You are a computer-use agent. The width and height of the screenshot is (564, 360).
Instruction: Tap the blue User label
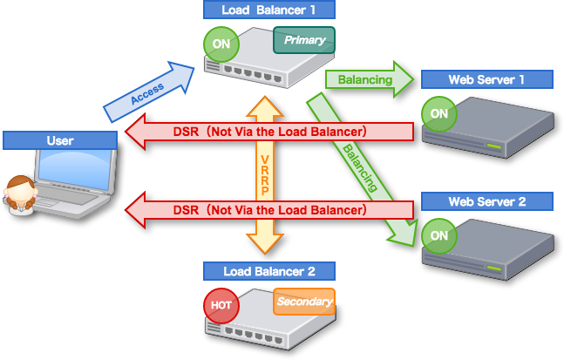tap(59, 140)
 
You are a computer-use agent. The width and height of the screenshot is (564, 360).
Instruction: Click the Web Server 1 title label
tap(486, 79)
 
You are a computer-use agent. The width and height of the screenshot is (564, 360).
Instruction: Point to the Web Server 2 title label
tap(486, 201)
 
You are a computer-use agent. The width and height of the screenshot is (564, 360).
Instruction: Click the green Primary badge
tap(303, 40)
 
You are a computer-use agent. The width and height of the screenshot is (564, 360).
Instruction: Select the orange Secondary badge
tap(304, 302)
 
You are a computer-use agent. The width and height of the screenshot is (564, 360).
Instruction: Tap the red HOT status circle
tap(220, 306)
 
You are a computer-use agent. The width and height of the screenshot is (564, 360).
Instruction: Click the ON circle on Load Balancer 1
tap(220, 44)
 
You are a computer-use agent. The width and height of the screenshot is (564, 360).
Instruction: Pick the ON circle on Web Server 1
tap(438, 113)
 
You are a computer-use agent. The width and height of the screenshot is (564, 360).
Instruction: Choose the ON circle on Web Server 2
tap(438, 235)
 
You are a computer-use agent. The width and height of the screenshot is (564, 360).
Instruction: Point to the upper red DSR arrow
tap(270, 132)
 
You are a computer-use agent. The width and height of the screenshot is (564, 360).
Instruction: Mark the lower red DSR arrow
tap(270, 210)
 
